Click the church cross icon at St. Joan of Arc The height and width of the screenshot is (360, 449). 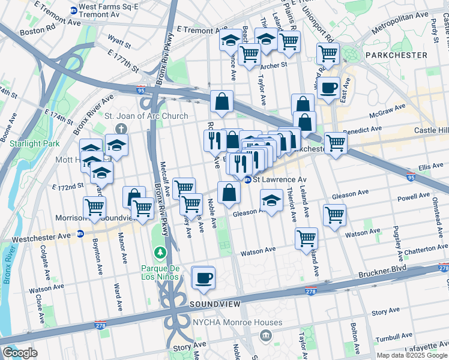tap(121, 128)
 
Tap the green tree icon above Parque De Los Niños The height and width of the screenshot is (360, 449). tap(160, 251)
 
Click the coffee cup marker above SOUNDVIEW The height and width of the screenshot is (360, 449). tap(203, 277)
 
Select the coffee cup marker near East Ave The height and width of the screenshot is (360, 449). tap(328, 88)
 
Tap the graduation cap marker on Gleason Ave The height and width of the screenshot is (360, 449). tap(271, 200)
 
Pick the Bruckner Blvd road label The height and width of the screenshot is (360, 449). tap(409, 262)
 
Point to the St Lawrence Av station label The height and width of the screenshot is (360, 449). tap(279, 179)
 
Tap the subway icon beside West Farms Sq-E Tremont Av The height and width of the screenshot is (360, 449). tap(74, 11)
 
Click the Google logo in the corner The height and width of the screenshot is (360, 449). tap(20, 353)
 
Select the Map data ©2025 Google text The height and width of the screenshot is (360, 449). tap(411, 355)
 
